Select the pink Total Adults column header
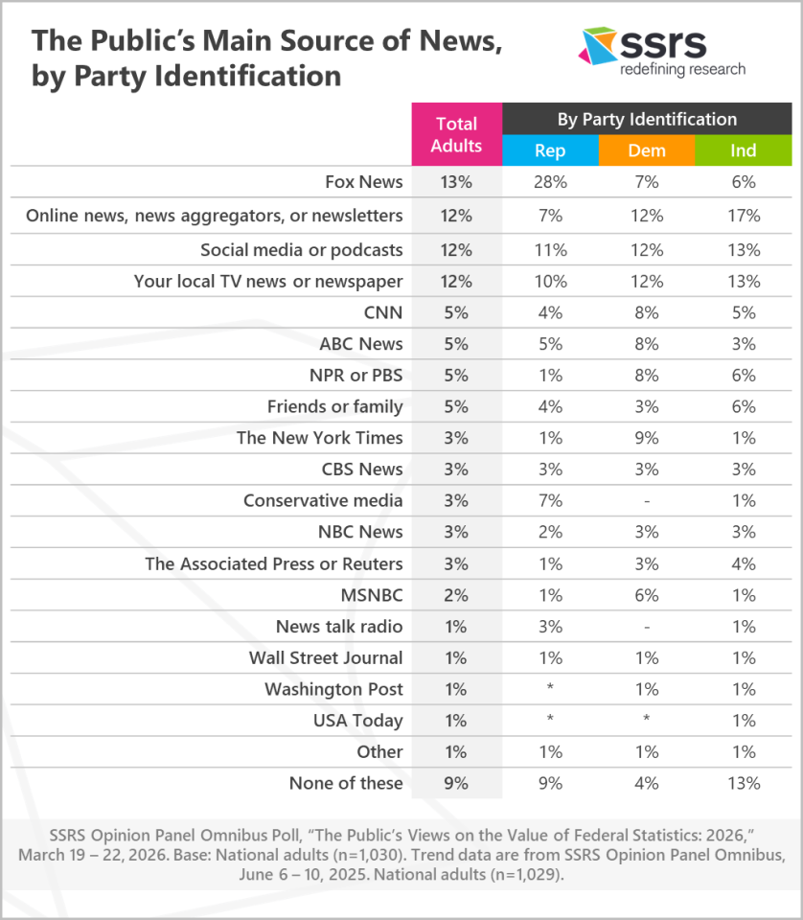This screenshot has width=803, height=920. pyautogui.click(x=456, y=134)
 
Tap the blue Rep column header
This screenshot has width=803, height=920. pyautogui.click(x=550, y=150)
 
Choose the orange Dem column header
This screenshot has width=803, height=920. pyautogui.click(x=647, y=150)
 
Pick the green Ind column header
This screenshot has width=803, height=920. pyautogui.click(x=743, y=150)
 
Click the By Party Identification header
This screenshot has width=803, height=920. pyautogui.click(x=647, y=119)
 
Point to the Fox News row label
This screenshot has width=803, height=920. pyautogui.click(x=364, y=182)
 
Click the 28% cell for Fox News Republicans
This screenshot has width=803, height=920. pyautogui.click(x=550, y=182)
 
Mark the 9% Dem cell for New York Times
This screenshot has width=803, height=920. pyautogui.click(x=647, y=438)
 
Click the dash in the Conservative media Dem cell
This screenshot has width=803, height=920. pyautogui.click(x=647, y=500)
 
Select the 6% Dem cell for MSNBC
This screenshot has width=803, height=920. pyautogui.click(x=647, y=595)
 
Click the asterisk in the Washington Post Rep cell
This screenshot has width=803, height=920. pyautogui.click(x=550, y=689)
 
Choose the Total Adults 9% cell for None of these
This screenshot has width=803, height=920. pyautogui.click(x=456, y=783)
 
